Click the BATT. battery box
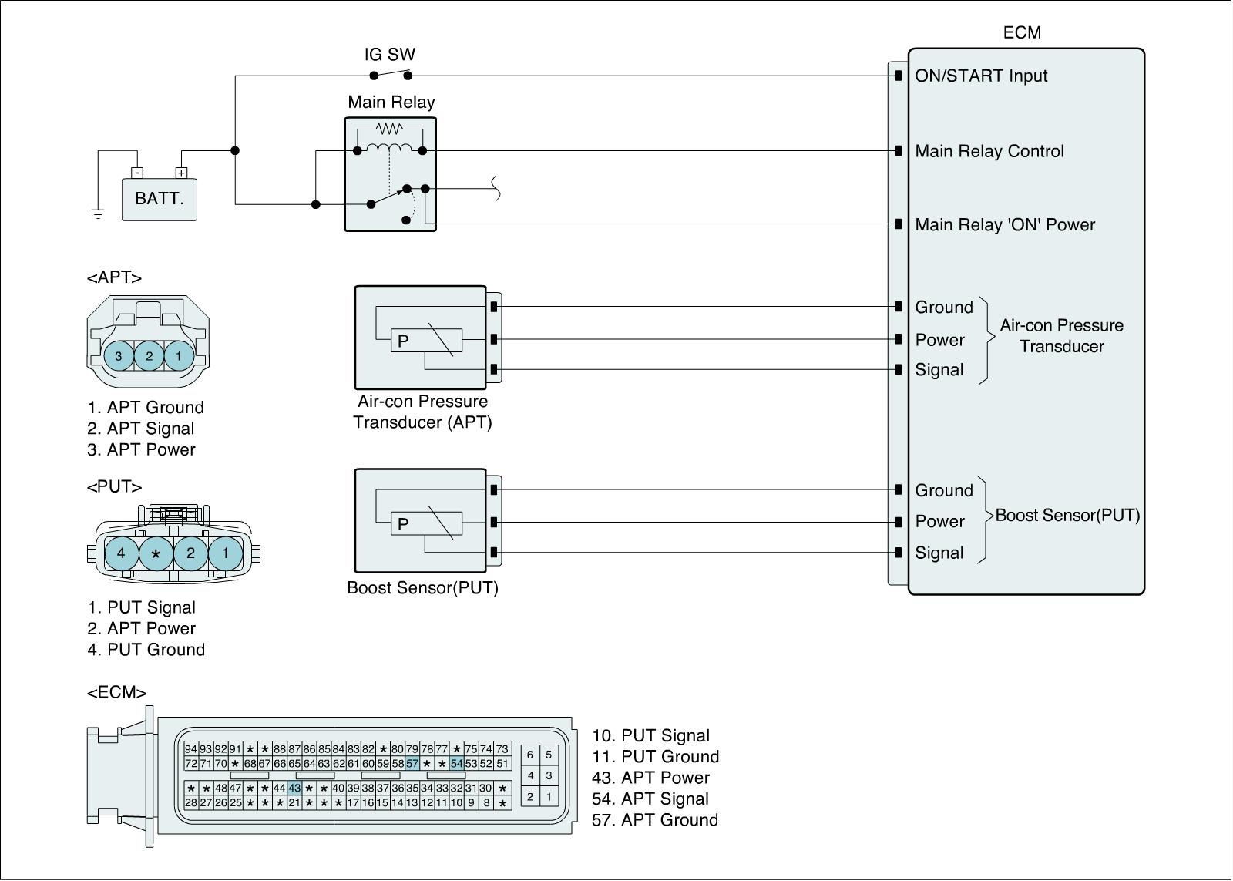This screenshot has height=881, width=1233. click(x=160, y=199)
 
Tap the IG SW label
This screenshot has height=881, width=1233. click(x=389, y=55)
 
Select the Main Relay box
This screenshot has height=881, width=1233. click(x=390, y=174)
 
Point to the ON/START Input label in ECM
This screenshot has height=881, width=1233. click(x=981, y=76)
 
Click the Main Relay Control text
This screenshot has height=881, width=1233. click(x=989, y=151)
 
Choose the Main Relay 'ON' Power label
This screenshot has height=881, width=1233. click(x=1004, y=225)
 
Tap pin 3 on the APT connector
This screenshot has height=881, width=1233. click(x=119, y=356)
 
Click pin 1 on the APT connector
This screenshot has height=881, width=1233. click(x=179, y=356)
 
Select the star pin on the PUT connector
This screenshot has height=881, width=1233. click(x=156, y=553)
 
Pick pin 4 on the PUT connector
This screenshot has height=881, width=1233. click(x=121, y=553)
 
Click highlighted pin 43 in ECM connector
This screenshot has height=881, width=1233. click(x=294, y=789)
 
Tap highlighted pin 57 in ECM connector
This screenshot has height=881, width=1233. click(x=412, y=764)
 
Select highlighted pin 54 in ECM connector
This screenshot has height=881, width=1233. click(x=457, y=764)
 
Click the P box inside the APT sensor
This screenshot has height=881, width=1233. click(x=402, y=341)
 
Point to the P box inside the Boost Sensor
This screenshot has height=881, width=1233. click(x=402, y=524)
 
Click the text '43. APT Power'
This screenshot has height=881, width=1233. click(x=650, y=778)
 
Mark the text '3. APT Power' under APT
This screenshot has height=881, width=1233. click(x=141, y=450)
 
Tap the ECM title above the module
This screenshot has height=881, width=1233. click(x=1022, y=32)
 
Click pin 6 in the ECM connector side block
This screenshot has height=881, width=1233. click(x=530, y=755)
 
